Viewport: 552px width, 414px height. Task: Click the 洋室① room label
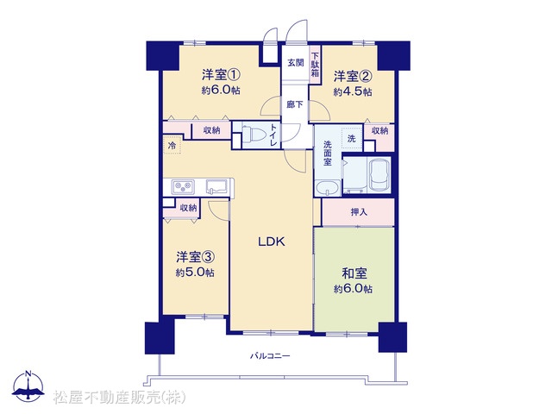click(221, 75)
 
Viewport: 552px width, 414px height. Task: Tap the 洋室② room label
click(353, 76)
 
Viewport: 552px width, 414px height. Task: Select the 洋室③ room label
click(196, 257)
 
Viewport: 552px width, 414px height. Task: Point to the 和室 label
click(354, 273)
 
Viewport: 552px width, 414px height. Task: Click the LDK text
click(272, 241)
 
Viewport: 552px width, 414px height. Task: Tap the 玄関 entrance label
click(295, 63)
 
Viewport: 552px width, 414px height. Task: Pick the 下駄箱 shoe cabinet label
click(315, 65)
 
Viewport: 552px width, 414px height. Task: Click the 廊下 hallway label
click(295, 104)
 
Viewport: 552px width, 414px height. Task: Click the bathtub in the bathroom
click(379, 175)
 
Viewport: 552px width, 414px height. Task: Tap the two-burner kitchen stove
click(183, 186)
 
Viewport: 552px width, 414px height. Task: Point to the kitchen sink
click(216, 186)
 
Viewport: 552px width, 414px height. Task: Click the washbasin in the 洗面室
click(328, 188)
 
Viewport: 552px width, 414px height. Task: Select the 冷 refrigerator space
click(172, 145)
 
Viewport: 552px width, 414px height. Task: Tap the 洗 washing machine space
click(352, 139)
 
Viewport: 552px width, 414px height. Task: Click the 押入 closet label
click(359, 212)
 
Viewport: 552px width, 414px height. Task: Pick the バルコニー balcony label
click(270, 356)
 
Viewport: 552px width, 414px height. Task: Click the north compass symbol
click(28, 386)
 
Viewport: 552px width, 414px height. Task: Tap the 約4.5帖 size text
click(353, 92)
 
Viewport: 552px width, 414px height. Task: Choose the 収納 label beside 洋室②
click(379, 131)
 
